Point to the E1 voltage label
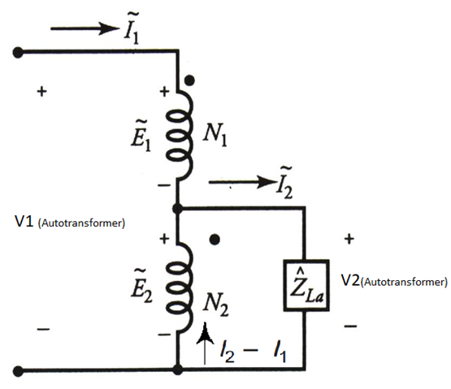tap(140, 130)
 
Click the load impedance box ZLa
tap(304, 286)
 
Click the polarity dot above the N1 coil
tap(189, 81)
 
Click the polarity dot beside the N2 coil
tap(215, 240)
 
